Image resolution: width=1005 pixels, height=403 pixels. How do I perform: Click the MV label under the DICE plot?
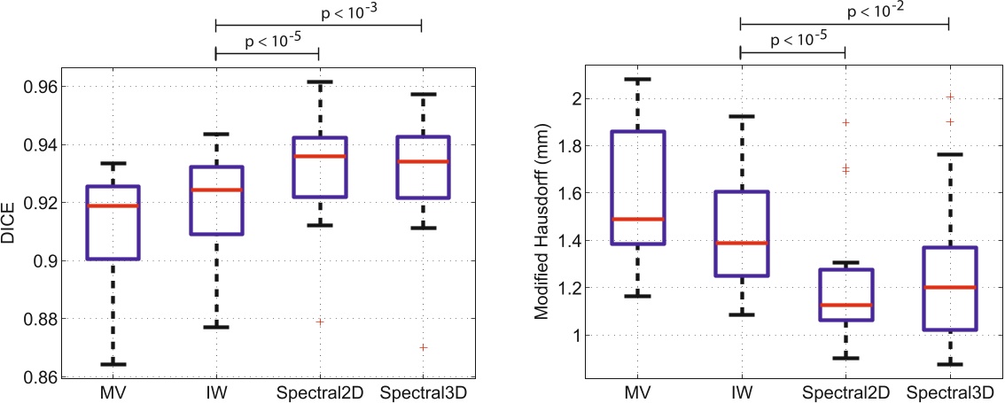click(x=113, y=391)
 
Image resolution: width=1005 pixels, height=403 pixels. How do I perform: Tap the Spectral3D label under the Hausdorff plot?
click(x=949, y=391)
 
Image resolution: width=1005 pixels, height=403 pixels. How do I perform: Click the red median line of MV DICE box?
click(x=113, y=205)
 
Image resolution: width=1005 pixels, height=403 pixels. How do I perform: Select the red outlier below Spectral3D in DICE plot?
click(x=423, y=347)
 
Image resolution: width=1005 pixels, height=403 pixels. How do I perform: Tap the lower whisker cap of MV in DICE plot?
click(x=113, y=364)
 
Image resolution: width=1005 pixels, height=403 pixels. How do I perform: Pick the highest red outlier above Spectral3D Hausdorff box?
click(x=949, y=97)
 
